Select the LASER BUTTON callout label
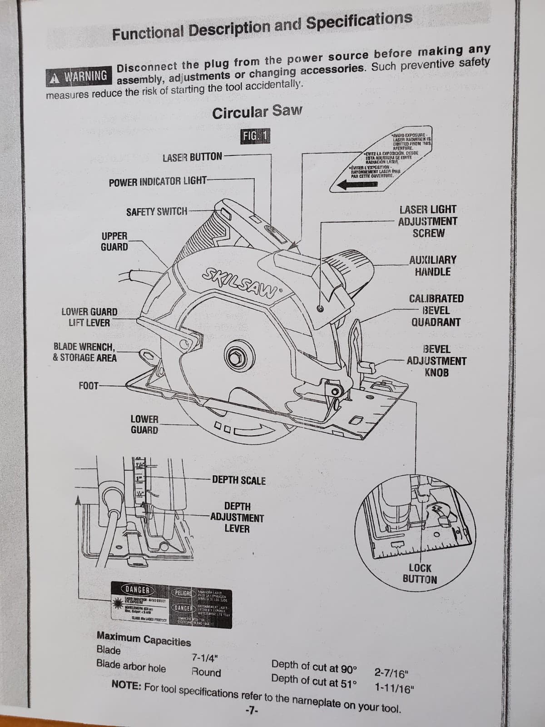coord(192,157)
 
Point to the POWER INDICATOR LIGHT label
coord(158,182)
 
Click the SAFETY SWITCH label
coord(156,211)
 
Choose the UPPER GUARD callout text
coord(114,241)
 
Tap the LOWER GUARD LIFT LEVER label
coord(89,317)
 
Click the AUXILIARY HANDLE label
coord(432,266)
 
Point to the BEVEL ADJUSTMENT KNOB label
coord(436,361)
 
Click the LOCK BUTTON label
coord(420,573)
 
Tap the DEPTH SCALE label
coord(239,480)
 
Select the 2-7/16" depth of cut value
coord(392,673)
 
